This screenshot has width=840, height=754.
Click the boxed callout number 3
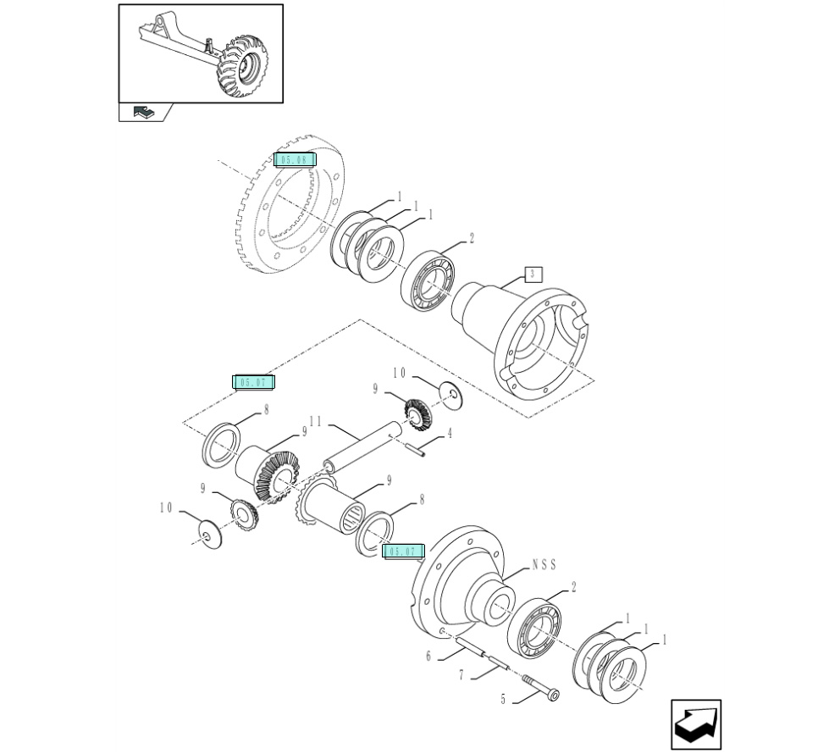(x=532, y=274)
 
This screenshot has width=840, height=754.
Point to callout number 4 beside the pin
(x=449, y=434)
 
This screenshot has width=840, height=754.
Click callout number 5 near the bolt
(x=503, y=700)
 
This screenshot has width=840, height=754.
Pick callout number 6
(x=428, y=656)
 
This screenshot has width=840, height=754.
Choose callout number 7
(x=461, y=675)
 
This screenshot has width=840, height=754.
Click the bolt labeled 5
(x=539, y=687)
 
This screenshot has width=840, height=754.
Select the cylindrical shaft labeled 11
(x=364, y=449)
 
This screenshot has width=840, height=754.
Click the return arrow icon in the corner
(x=696, y=724)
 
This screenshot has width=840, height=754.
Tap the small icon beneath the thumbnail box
(x=144, y=111)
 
